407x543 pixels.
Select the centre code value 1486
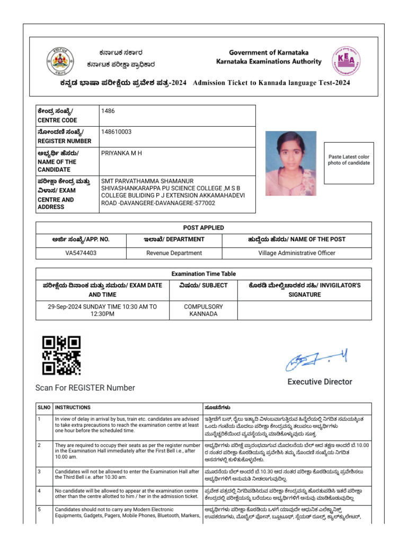(x=108, y=111)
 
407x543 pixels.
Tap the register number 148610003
(x=117, y=132)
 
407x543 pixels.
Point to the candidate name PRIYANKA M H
(x=121, y=153)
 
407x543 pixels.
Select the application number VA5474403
(x=81, y=253)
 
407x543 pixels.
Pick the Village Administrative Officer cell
(x=297, y=253)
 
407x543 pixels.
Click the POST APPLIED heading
(x=203, y=227)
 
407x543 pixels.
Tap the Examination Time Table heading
(x=203, y=274)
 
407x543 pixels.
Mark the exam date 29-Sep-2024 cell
(x=102, y=310)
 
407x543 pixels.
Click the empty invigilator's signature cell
(x=304, y=310)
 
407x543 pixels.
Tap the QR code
(x=61, y=355)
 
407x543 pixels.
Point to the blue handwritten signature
(x=316, y=362)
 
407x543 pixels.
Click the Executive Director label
(x=320, y=382)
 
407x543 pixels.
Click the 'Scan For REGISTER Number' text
(x=85, y=388)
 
